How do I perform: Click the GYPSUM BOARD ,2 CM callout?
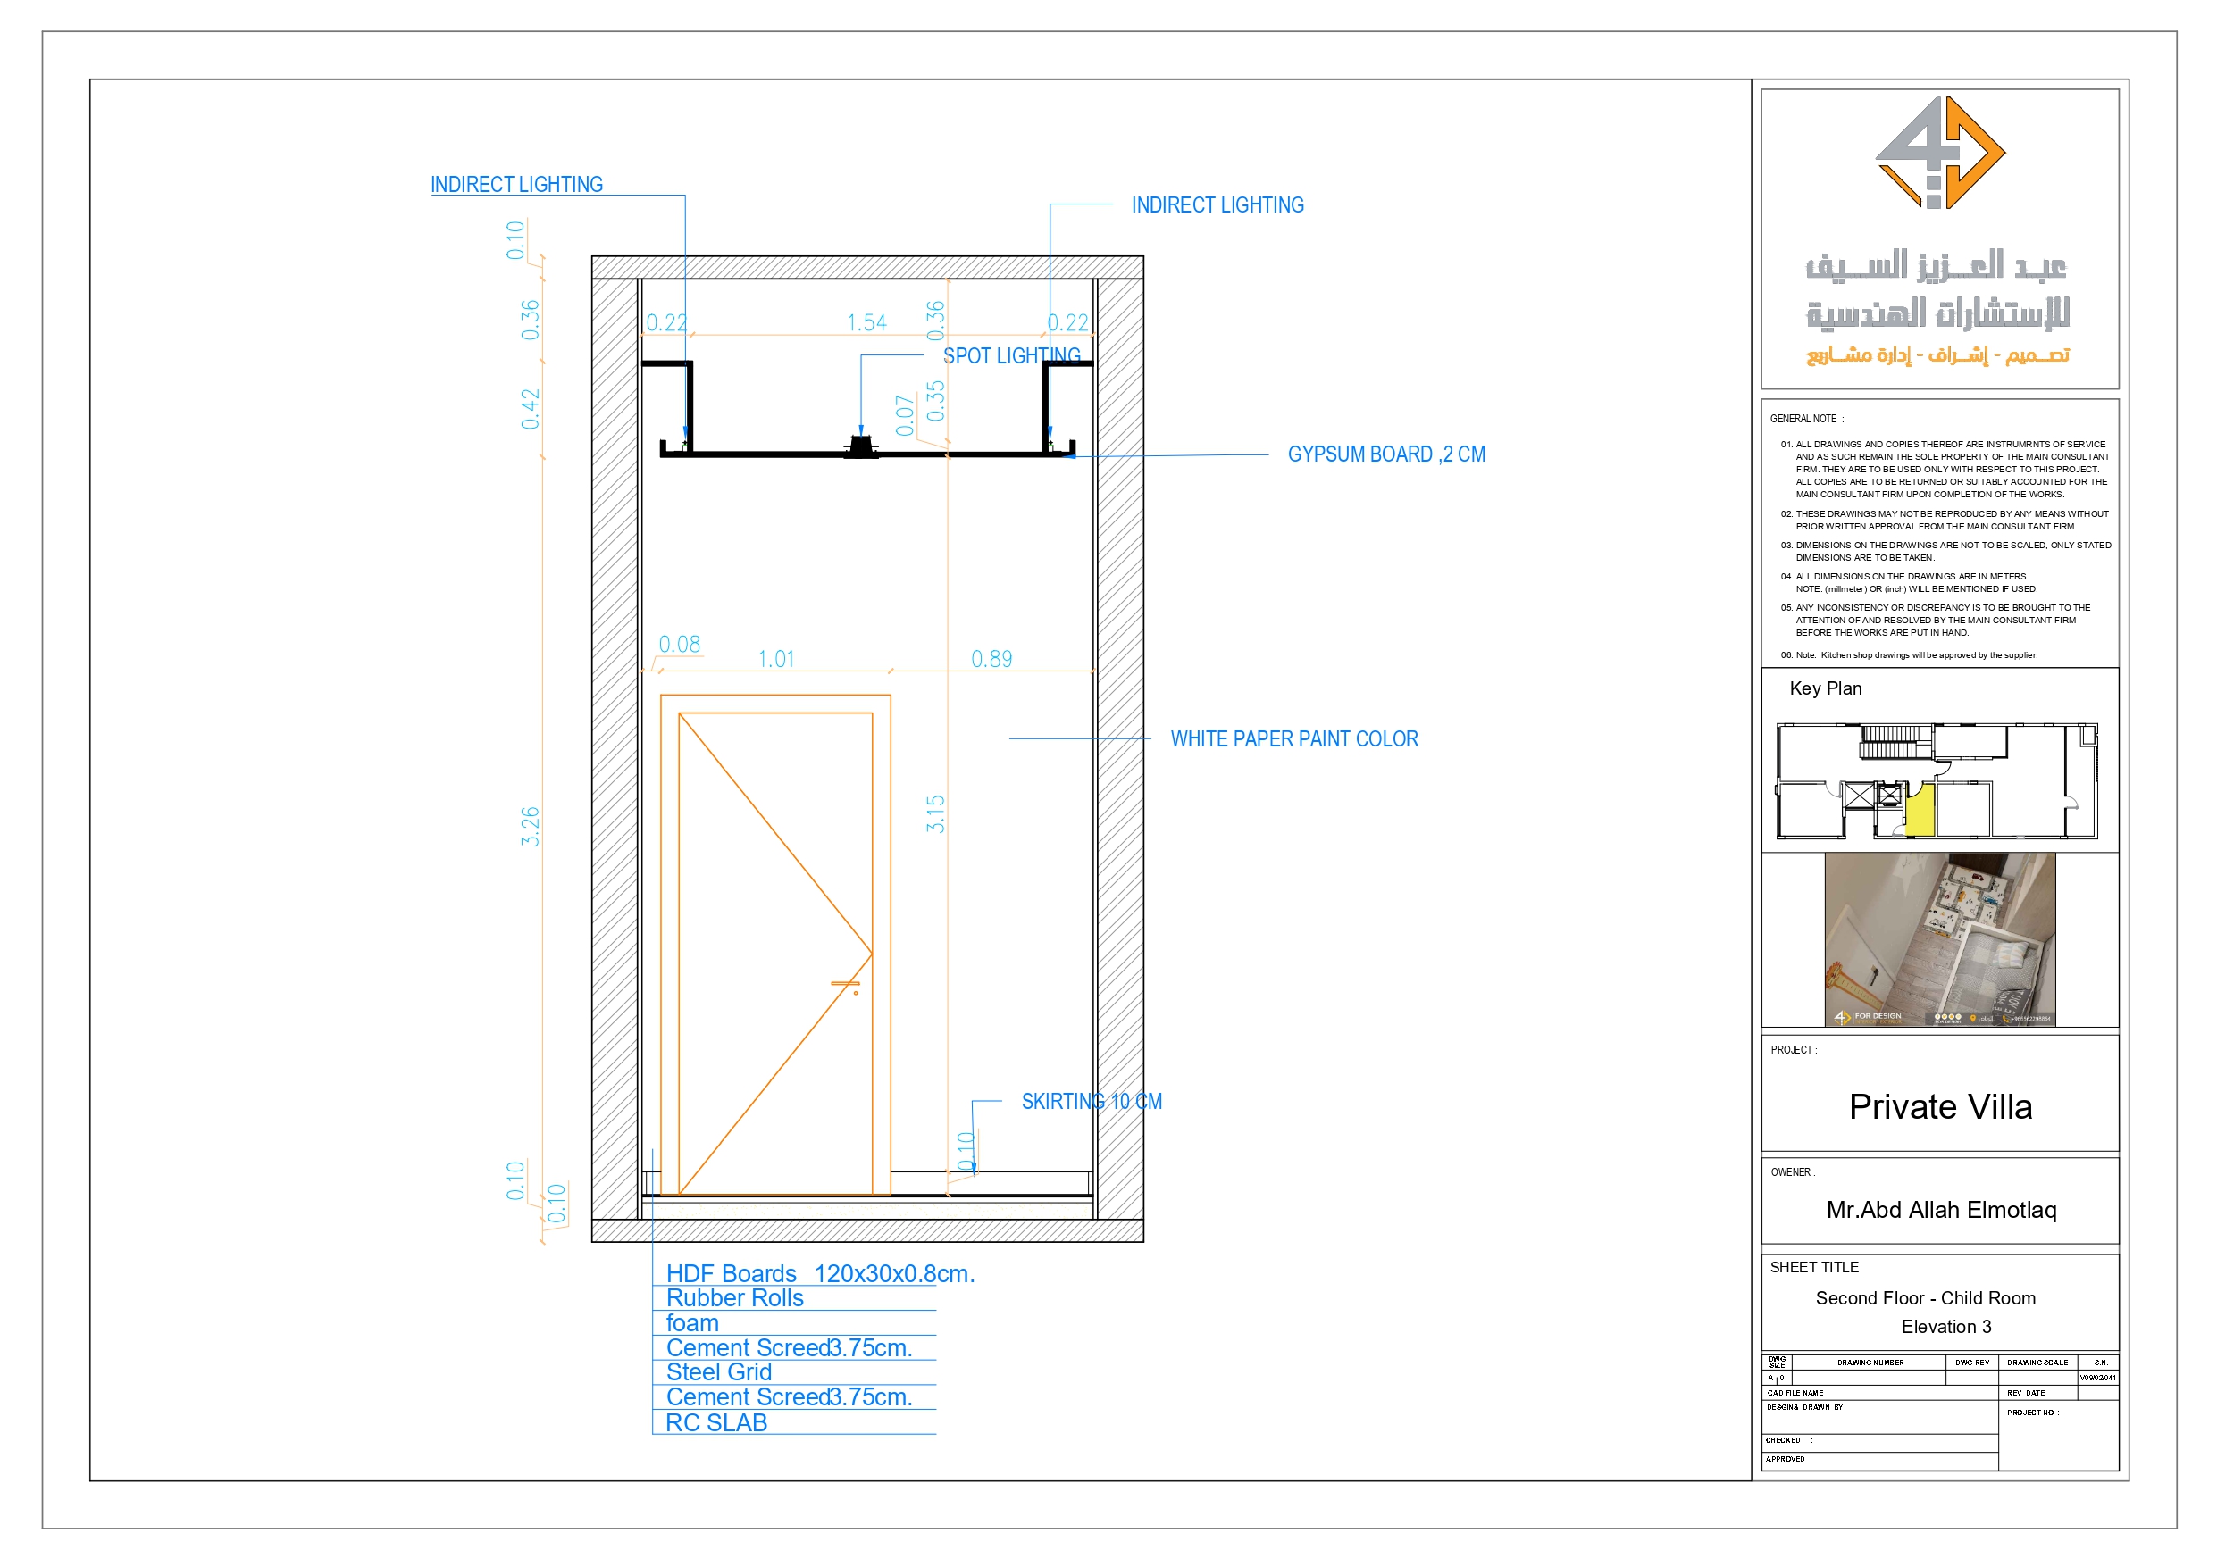1385,454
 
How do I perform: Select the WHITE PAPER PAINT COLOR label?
1294,739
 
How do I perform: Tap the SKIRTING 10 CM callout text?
1092,1102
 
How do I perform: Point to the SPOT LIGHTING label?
1011,356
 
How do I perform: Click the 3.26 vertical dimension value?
530,827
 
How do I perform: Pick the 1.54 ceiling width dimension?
866,322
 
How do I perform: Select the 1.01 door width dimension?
775,660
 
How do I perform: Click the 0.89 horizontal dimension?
991,660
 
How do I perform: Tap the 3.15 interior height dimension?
935,814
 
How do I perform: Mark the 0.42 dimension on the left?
530,409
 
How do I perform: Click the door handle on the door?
847,986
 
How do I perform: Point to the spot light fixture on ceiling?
861,446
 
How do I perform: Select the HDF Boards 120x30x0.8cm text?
820,1273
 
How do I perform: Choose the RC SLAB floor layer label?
715,1423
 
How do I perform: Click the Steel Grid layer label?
718,1373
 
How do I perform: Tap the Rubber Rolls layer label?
734,1298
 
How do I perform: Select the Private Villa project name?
1940,1107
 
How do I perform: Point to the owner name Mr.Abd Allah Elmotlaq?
1941,1211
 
